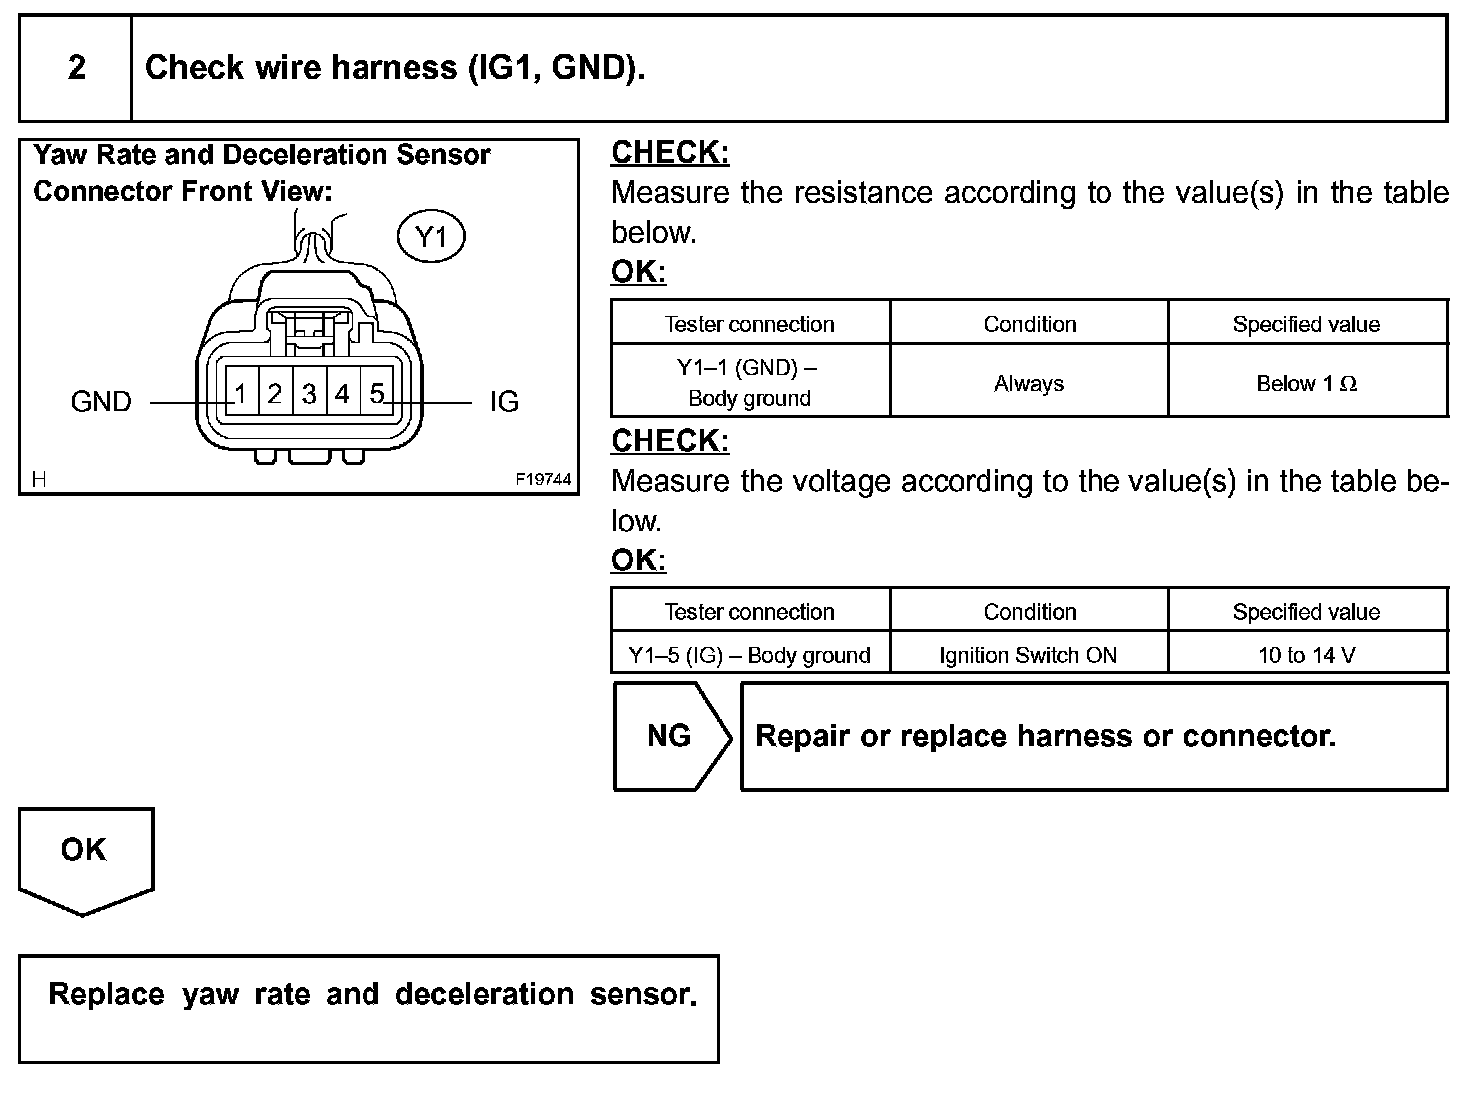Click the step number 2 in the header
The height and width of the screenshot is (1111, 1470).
[x=76, y=68]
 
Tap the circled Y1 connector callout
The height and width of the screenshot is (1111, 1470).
[x=432, y=237]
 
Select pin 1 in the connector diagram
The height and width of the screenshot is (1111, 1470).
[x=241, y=394]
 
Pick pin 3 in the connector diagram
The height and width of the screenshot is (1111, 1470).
[x=309, y=394]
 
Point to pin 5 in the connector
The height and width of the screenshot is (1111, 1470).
[x=376, y=394]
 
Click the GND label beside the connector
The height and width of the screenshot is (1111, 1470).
[x=101, y=402]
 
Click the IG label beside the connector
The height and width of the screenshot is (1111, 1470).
[x=504, y=402]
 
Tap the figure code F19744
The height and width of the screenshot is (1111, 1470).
[x=543, y=480]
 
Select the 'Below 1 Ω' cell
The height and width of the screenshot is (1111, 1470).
[x=1306, y=384]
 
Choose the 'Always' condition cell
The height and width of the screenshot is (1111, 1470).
[x=1029, y=384]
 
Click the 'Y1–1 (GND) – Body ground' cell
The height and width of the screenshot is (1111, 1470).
[x=749, y=383]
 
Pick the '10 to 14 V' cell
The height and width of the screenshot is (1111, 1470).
[x=1306, y=655]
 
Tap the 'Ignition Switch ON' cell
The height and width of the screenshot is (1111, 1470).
[x=1029, y=655]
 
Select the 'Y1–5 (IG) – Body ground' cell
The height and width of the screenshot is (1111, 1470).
[x=749, y=655]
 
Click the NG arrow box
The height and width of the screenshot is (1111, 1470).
[x=670, y=737]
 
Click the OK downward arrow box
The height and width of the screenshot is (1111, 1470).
[x=84, y=854]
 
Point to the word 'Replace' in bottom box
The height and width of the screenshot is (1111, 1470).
[x=106, y=994]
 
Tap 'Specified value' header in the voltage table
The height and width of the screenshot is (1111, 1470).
[x=1306, y=611]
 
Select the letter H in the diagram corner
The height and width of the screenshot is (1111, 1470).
[x=39, y=480]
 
